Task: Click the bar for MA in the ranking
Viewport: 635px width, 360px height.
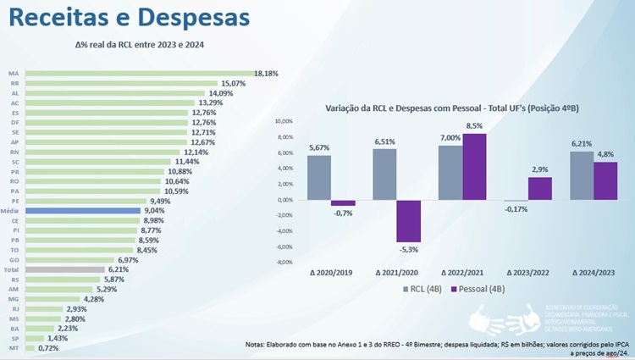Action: [140, 74]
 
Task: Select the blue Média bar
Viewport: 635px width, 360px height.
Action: [82, 210]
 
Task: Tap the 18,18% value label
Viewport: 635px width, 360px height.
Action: [268, 74]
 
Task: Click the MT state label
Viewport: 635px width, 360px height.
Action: [14, 347]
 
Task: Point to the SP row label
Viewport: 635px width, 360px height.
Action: [14, 337]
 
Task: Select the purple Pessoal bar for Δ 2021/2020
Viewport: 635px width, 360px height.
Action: [409, 221]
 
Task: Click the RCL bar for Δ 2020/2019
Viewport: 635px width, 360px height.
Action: [319, 177]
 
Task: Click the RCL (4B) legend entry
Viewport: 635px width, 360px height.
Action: [422, 290]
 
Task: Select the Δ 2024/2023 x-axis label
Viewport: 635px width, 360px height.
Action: [594, 273]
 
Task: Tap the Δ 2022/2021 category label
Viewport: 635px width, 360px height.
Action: [461, 273]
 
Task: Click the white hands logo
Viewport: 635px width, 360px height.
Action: [505, 320]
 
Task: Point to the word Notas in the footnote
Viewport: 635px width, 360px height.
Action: [257, 344]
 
